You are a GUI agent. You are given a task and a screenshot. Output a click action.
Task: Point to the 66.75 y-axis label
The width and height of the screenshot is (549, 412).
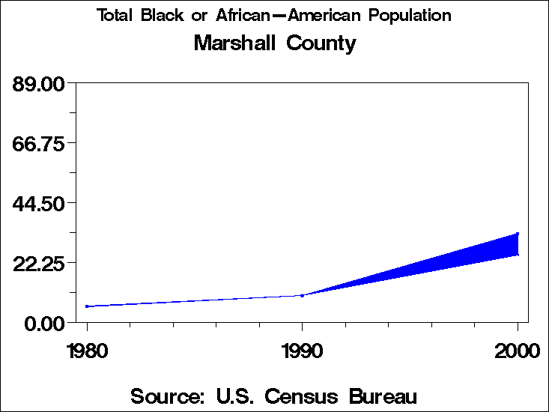pyautogui.click(x=39, y=142)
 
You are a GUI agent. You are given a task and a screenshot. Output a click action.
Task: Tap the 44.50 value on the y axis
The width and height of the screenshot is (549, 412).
pyautogui.click(x=39, y=203)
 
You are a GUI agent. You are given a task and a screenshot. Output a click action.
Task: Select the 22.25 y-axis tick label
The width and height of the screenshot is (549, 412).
pyautogui.click(x=39, y=263)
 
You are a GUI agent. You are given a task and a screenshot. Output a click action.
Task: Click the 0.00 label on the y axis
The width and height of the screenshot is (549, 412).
pyautogui.click(x=44, y=323)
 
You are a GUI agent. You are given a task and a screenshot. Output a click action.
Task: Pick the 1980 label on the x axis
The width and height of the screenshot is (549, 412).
pyautogui.click(x=87, y=350)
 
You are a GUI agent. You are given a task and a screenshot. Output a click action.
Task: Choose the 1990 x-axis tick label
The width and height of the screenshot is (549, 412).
pyautogui.click(x=302, y=350)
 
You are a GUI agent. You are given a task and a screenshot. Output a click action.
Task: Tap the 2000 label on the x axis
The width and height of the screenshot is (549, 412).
pyautogui.click(x=517, y=350)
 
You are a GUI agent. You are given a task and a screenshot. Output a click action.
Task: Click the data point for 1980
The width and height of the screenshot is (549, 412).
pyautogui.click(x=87, y=306)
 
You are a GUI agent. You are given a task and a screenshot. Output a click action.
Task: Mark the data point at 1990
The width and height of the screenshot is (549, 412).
pyautogui.click(x=302, y=295)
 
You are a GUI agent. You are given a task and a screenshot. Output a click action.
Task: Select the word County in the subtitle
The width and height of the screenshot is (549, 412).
pyautogui.click(x=321, y=43)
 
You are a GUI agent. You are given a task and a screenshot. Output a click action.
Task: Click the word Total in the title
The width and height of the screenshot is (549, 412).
pyautogui.click(x=115, y=16)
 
